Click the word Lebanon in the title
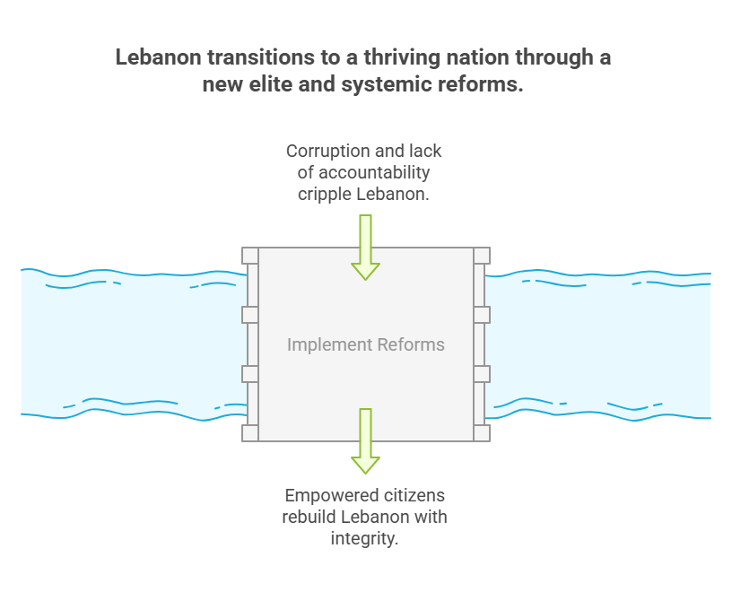158,57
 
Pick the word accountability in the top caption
374,173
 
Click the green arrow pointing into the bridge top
365,248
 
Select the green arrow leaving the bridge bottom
365,441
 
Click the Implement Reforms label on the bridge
366,345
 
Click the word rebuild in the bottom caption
309,517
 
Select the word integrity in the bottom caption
364,539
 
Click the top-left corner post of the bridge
250,256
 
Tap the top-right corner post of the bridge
482,256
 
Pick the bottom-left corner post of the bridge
250,433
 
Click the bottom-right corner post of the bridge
482,433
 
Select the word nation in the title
478,57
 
